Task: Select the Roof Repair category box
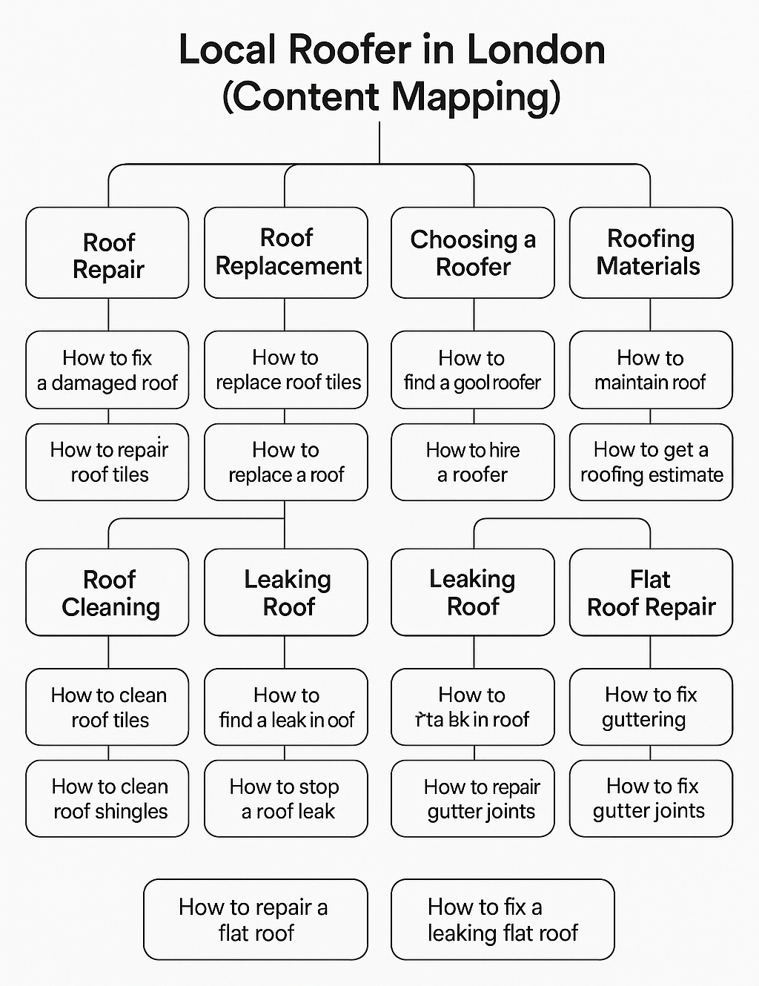pyautogui.click(x=107, y=254)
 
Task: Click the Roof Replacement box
pyautogui.click(x=286, y=253)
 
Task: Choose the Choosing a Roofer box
pyautogui.click(x=473, y=253)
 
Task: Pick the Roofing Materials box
pyautogui.click(x=650, y=253)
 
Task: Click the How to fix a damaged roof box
pyautogui.click(x=107, y=370)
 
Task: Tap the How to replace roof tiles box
pyautogui.click(x=286, y=370)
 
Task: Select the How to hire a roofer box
pyautogui.click(x=473, y=462)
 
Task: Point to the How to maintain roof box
pyautogui.click(x=650, y=370)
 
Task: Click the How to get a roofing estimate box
pyautogui.click(x=650, y=462)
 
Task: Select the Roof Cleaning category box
pyautogui.click(x=107, y=592)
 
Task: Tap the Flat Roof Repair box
pyautogui.click(x=650, y=592)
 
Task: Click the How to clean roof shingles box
pyautogui.click(x=107, y=798)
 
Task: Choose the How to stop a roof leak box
pyautogui.click(x=286, y=798)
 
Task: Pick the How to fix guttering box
pyautogui.click(x=650, y=707)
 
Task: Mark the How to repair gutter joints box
pyautogui.click(x=473, y=798)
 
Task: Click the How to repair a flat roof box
pyautogui.click(x=255, y=919)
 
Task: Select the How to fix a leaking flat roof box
pyautogui.click(x=503, y=919)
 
